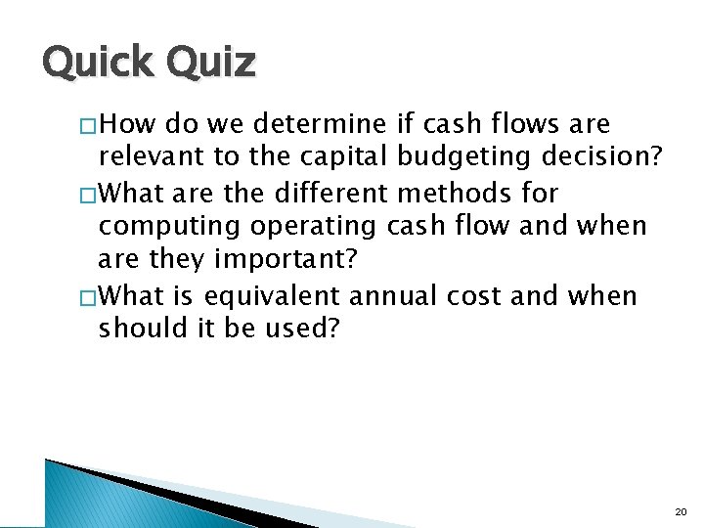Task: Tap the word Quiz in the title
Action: pyautogui.click(x=211, y=64)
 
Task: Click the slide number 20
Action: pyautogui.click(x=681, y=511)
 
